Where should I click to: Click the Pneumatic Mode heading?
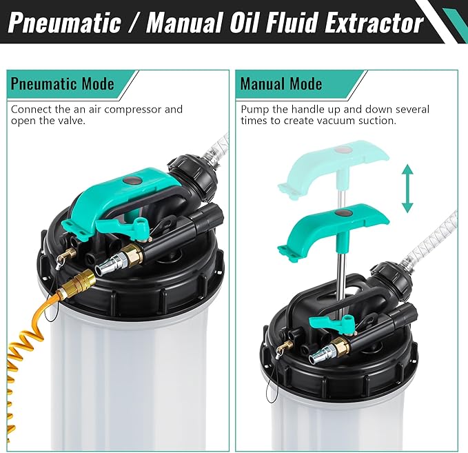pos(62,84)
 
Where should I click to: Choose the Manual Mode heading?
pos(281,84)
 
